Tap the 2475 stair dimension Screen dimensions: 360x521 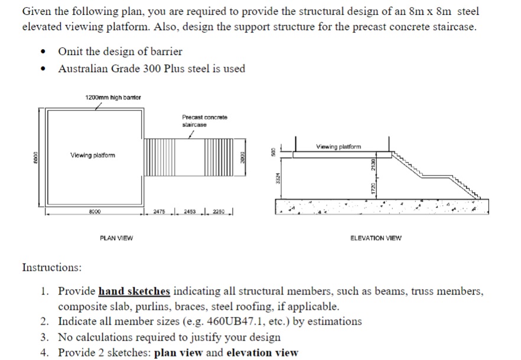[159, 212]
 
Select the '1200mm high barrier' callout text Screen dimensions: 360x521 [112, 98]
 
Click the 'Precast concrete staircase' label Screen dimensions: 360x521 [204, 121]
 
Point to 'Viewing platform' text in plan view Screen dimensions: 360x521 [93, 155]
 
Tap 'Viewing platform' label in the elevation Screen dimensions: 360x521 [338, 147]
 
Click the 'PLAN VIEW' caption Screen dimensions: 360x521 [116, 238]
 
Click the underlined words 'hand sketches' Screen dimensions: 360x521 [134, 291]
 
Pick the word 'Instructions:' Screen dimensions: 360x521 [52, 268]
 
